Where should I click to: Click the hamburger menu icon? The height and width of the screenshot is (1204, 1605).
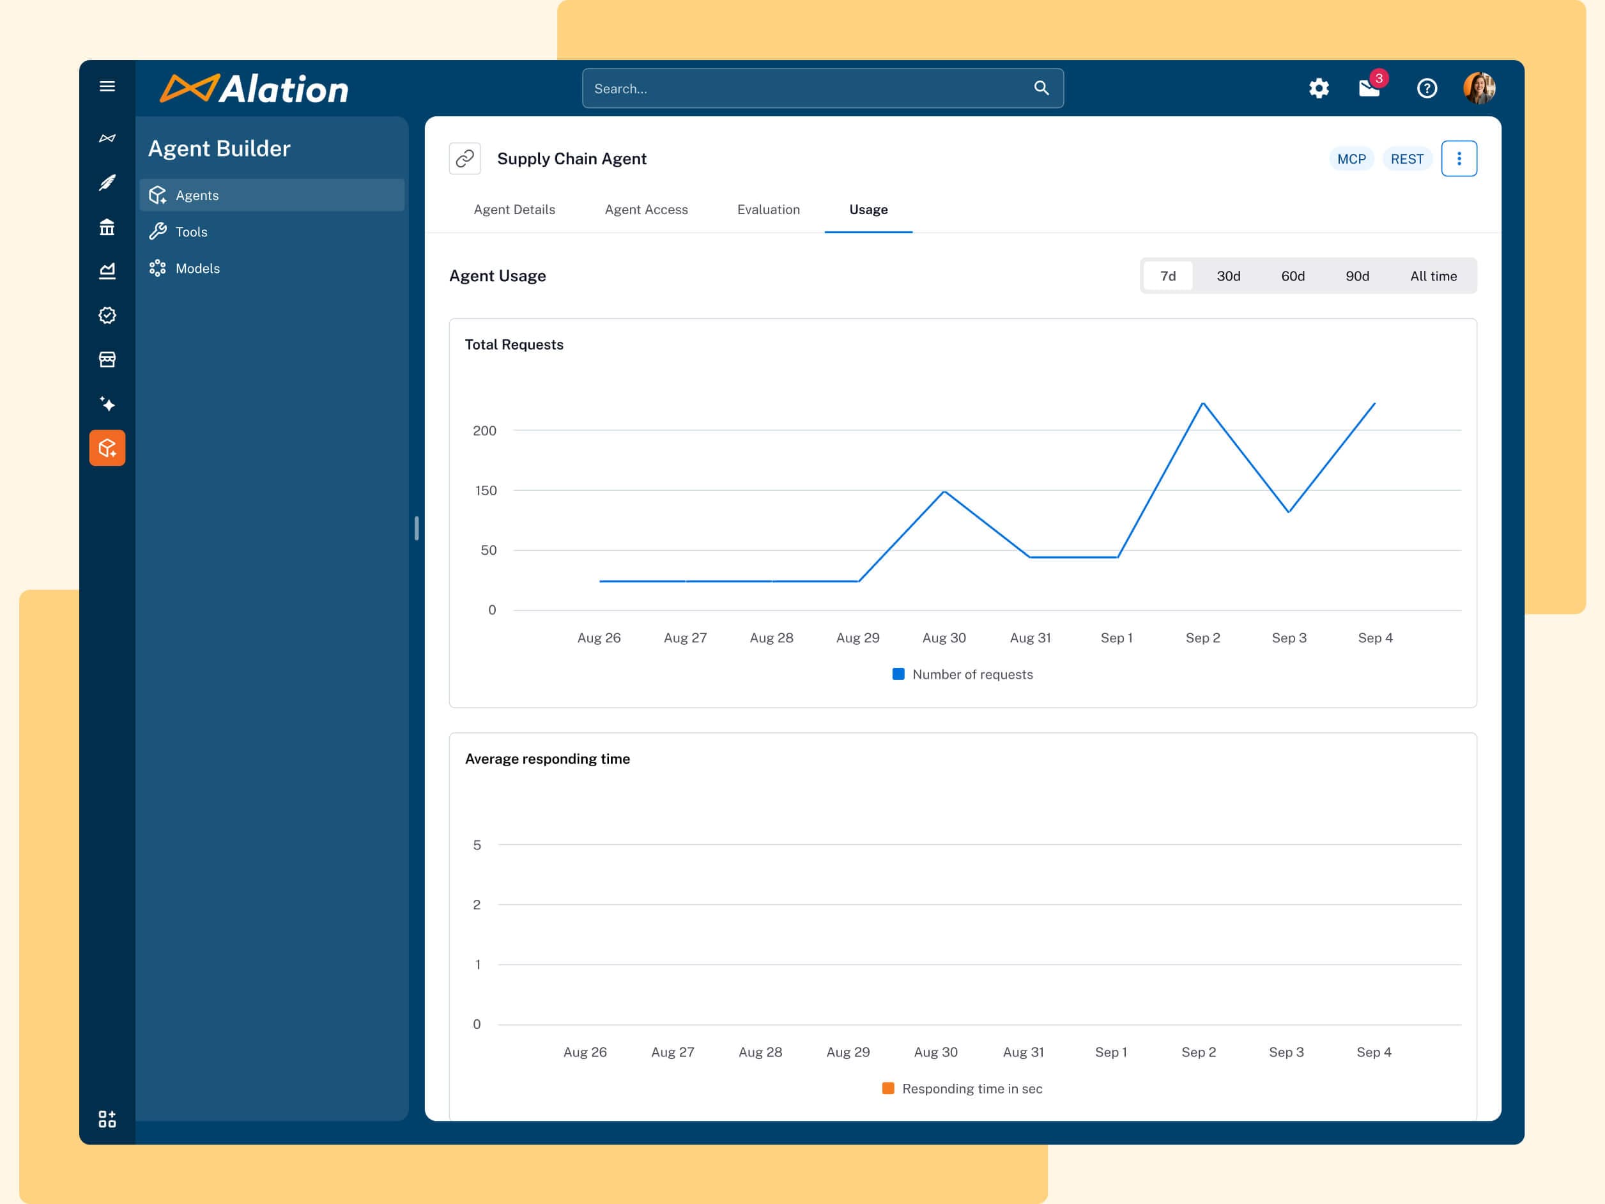click(x=107, y=86)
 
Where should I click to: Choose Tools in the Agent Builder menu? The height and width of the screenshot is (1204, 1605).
click(x=192, y=231)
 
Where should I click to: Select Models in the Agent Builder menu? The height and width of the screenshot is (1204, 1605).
click(x=197, y=268)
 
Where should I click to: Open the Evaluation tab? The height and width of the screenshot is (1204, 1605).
click(x=769, y=209)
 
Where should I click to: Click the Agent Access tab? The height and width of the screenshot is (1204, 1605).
click(x=646, y=209)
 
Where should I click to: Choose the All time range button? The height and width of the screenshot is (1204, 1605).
click(x=1433, y=276)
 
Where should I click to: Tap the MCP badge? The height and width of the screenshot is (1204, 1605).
click(x=1351, y=159)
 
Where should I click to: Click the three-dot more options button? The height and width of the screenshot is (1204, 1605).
click(x=1459, y=159)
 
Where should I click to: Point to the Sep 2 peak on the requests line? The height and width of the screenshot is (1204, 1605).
click(x=1203, y=403)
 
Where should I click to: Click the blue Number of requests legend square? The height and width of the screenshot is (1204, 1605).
click(x=898, y=674)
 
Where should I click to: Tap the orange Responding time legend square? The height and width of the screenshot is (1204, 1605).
click(x=888, y=1088)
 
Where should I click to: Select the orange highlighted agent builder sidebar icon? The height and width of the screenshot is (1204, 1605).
click(x=107, y=448)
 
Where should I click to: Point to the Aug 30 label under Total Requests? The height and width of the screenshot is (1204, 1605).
click(x=944, y=637)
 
